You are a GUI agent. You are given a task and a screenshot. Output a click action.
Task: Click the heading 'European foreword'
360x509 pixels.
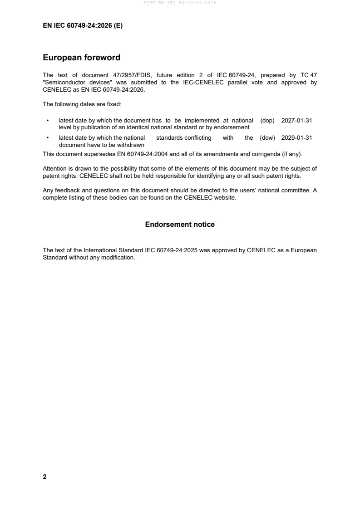[81, 58]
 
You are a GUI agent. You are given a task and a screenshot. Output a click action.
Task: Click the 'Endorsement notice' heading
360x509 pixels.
[180, 225]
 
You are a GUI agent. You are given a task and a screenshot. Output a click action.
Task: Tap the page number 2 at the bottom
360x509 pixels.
[44, 477]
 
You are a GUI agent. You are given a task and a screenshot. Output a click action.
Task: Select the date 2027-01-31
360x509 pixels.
[296, 121]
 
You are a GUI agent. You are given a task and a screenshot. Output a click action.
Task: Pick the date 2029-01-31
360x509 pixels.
[296, 138]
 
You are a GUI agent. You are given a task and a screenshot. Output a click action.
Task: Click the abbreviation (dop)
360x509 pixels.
[267, 121]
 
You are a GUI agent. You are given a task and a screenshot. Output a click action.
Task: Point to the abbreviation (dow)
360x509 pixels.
[267, 138]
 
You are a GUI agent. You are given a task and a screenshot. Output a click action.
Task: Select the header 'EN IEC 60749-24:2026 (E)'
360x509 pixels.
[83, 26]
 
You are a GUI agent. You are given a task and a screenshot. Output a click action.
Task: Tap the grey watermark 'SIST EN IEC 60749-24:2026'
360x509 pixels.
[180, 3]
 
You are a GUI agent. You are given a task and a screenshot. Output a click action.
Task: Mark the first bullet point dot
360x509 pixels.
[48, 121]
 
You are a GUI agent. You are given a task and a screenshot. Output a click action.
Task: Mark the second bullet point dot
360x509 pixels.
[48, 138]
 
